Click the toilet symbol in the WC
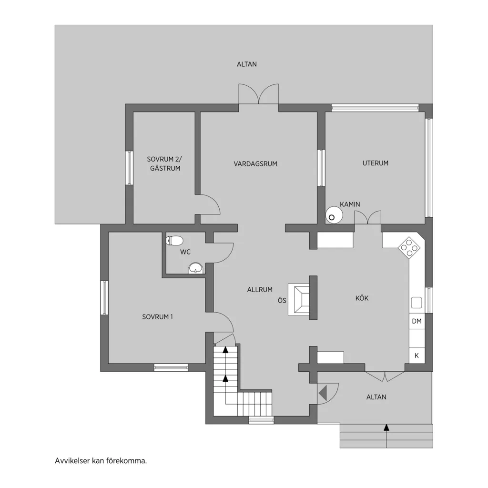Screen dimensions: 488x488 pos(174,241)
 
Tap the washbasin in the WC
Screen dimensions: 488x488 pos(195,268)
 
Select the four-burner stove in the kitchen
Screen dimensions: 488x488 pos(409,247)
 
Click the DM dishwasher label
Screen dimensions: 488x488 pos(417,321)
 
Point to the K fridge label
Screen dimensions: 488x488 pos(417,356)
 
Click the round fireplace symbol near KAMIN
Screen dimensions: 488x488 pos(334,215)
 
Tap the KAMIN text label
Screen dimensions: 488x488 pos(350,204)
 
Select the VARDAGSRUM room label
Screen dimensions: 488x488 pos(255,164)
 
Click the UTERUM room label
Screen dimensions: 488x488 pos(376,163)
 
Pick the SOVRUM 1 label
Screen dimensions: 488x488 pos(157,317)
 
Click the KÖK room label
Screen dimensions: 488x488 pos(362,298)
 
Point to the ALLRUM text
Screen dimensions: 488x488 pos(260,290)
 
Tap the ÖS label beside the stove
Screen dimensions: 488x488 pos(282,301)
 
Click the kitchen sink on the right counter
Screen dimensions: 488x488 pos(417,302)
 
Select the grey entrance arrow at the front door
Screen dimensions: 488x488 pos(323,393)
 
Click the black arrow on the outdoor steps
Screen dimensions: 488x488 pos(386,427)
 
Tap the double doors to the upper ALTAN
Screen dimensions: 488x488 pos(259,94)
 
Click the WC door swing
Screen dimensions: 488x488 pos(224,253)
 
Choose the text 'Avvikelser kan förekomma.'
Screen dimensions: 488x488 pos(101,461)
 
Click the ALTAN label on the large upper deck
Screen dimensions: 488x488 pos(247,64)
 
